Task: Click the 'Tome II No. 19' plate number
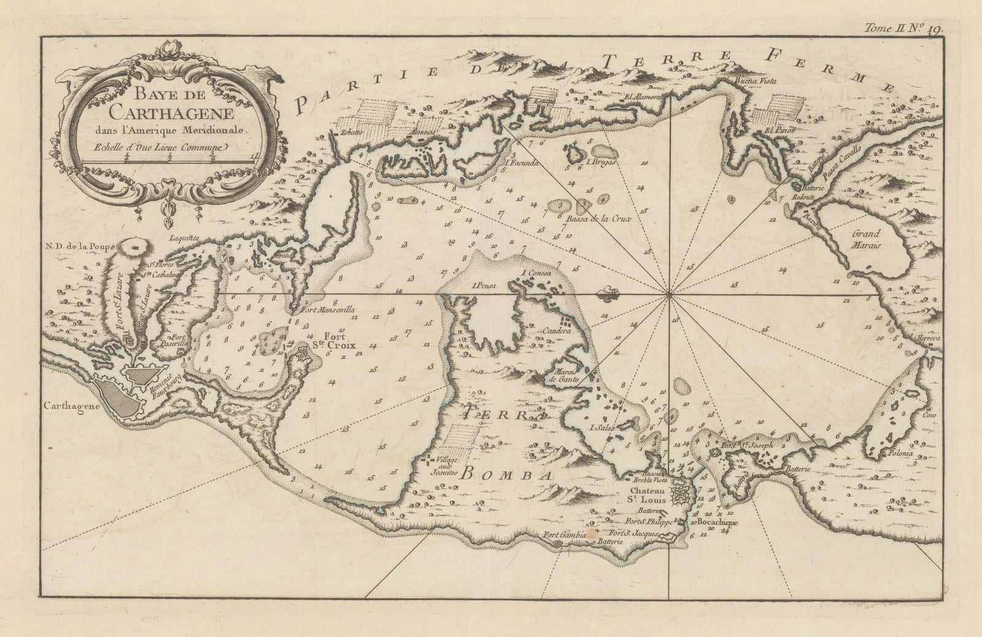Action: (x=905, y=28)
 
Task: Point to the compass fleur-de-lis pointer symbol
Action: (x=608, y=295)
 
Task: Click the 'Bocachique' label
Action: (x=717, y=522)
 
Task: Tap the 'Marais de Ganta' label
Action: (x=555, y=376)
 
